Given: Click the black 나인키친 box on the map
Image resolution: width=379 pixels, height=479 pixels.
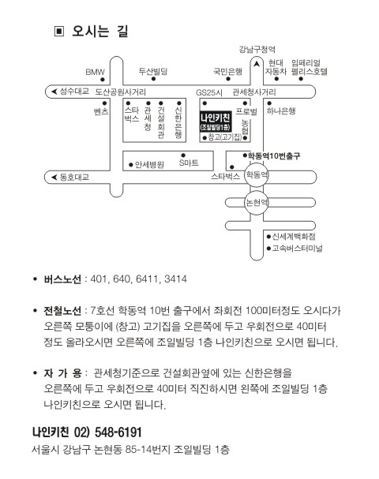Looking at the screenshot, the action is (216, 122).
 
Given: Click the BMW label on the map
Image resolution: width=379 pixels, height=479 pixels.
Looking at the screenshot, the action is (95, 72).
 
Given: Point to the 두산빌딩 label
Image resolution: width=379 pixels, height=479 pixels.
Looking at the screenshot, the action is (153, 72).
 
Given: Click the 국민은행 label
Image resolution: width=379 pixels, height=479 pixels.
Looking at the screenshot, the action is (227, 72).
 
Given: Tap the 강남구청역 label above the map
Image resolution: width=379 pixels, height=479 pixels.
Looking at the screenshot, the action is (257, 49).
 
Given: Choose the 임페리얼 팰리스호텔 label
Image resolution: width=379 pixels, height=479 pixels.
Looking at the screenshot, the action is (309, 67).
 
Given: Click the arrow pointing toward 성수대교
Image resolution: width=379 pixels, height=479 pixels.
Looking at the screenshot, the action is (54, 92).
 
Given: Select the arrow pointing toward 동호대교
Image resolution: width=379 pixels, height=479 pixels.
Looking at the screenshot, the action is (54, 178).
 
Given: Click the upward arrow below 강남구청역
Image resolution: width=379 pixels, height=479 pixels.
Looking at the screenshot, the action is (257, 64).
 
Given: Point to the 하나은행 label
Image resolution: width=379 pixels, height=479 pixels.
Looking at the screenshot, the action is (281, 110).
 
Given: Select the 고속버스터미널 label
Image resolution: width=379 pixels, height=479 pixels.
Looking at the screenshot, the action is (297, 248).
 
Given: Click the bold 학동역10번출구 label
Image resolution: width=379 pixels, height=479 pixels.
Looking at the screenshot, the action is (274, 155).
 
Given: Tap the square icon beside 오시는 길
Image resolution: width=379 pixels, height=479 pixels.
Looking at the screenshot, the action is (59, 31).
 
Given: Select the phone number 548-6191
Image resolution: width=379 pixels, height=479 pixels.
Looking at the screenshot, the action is (118, 432).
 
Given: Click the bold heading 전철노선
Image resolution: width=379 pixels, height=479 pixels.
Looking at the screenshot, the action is (62, 311).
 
